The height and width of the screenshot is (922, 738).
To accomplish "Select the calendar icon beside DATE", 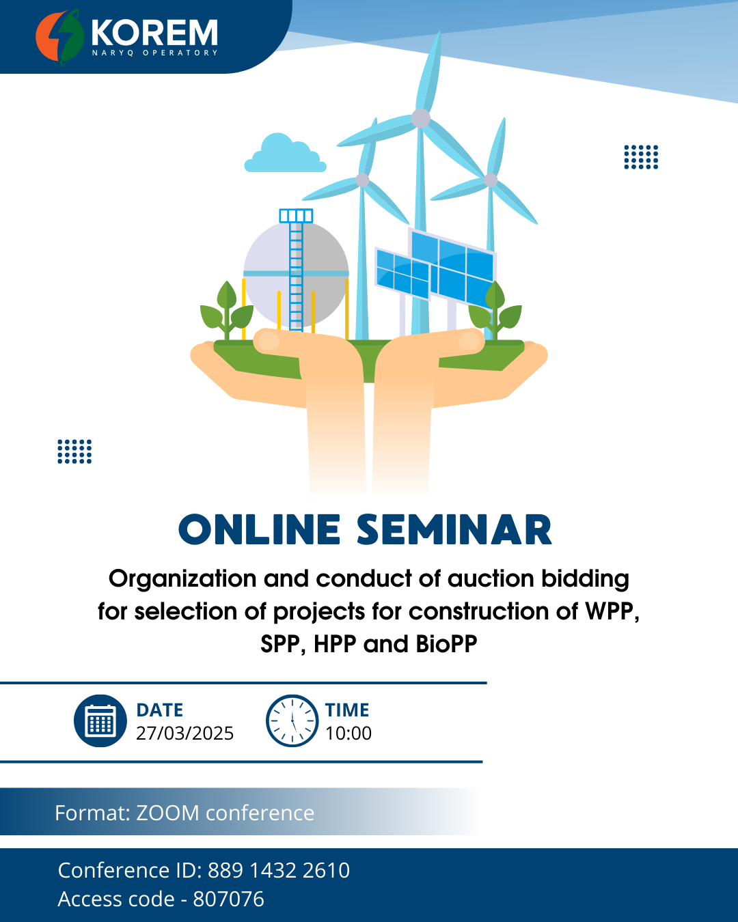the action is point(100,721).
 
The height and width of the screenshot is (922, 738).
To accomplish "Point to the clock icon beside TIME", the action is point(292,721).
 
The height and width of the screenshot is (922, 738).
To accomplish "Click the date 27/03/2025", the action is point(184,733).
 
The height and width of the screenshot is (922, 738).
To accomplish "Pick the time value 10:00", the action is point(348,733).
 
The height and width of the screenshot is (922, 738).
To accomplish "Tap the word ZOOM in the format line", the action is point(167,813).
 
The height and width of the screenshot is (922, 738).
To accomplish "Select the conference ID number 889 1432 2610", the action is point(279,870).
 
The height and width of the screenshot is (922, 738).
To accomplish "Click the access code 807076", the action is point(228,899).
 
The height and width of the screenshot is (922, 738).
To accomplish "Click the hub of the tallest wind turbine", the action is point(421,118).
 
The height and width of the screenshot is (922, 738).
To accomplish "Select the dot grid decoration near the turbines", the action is point(641,157).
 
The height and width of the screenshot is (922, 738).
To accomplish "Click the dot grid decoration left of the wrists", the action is point(74,451).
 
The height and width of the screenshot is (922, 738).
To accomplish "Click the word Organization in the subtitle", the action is point(183,579).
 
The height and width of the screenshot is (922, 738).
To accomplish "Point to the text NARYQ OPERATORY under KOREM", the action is point(155,53).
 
